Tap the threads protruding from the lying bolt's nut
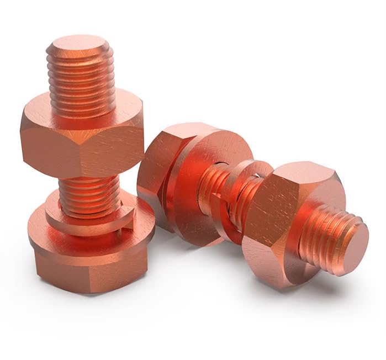[326, 232]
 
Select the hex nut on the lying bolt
[287, 221]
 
